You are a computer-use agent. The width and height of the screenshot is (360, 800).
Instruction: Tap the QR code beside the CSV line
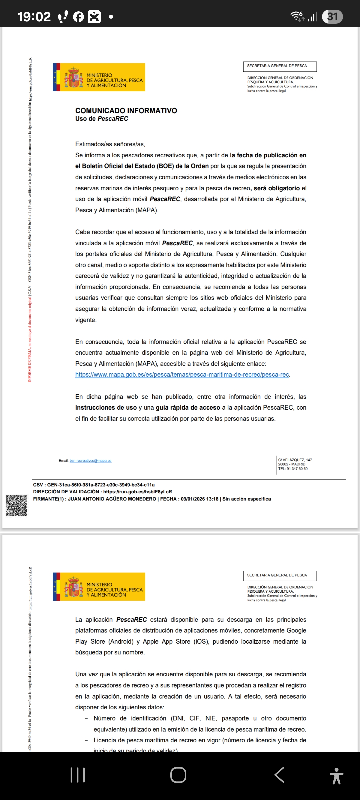[x=17, y=506]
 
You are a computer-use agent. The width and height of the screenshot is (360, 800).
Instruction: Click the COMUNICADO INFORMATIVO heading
[x=126, y=111]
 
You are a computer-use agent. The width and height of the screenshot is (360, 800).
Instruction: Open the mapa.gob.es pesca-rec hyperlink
[x=182, y=375]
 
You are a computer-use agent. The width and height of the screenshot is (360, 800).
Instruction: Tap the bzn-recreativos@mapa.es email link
[x=90, y=461]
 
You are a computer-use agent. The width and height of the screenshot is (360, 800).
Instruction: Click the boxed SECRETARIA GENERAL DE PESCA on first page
[x=280, y=66]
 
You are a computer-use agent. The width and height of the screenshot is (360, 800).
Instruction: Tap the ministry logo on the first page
[x=99, y=77]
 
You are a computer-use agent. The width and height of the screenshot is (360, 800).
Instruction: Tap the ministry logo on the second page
[x=99, y=587]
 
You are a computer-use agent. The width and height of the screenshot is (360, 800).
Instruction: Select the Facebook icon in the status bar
[x=78, y=17]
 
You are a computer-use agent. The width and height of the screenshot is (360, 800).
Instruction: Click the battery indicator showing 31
[x=332, y=17]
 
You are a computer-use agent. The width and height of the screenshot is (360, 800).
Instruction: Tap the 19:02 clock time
[x=34, y=17]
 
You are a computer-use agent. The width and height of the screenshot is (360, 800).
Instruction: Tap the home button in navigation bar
[x=178, y=775]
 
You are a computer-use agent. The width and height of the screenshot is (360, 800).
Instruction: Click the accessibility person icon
[x=336, y=775]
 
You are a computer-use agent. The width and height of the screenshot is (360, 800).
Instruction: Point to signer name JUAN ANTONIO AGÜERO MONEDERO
[x=112, y=499]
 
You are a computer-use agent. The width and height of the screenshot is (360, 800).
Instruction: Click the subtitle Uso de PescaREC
[x=102, y=119]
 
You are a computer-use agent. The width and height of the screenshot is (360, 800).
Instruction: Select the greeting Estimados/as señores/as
[x=110, y=144]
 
